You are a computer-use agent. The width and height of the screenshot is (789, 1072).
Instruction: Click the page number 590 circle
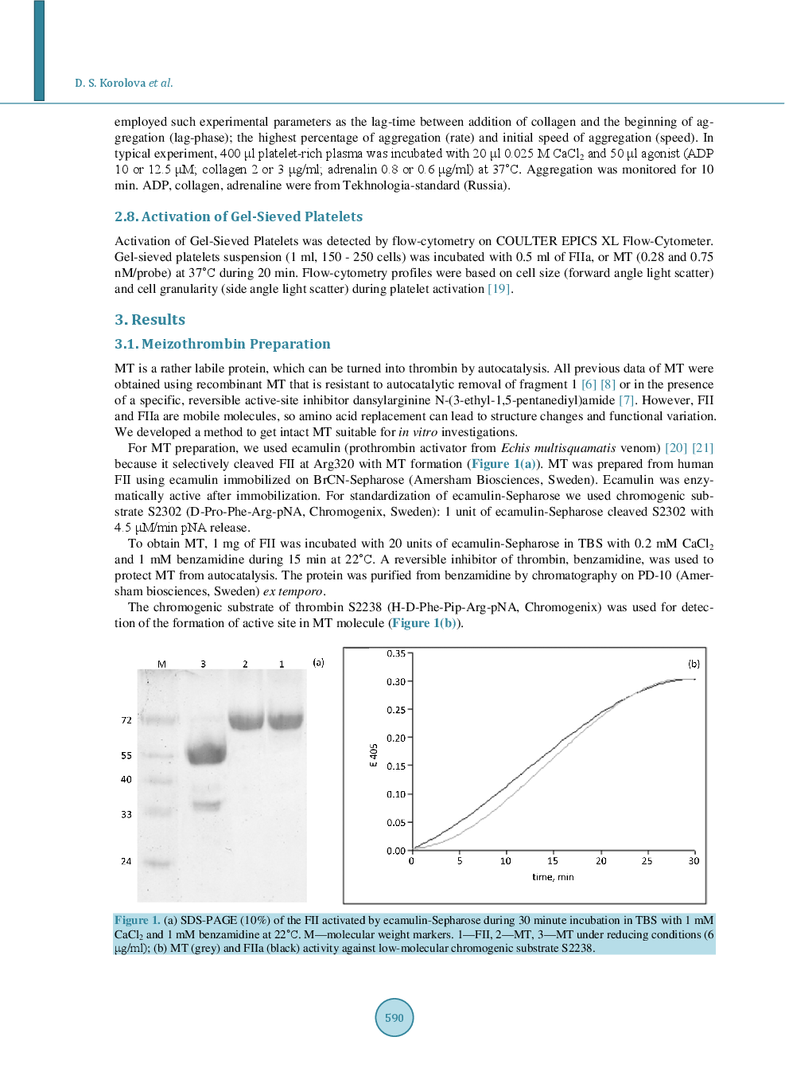(394, 1017)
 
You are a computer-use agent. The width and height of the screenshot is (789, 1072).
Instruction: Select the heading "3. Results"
(150, 320)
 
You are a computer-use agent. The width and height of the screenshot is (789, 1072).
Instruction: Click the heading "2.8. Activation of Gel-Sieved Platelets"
(239, 216)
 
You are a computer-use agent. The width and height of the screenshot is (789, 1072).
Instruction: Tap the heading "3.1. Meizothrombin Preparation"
(222, 344)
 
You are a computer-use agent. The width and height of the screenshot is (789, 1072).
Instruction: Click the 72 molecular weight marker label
(126, 720)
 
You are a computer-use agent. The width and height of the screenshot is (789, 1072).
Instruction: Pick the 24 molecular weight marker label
(126, 861)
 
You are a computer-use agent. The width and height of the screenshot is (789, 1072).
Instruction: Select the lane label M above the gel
(161, 664)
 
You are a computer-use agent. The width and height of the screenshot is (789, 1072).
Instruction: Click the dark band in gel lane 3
(207, 753)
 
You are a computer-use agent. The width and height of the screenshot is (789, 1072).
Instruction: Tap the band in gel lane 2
(247, 720)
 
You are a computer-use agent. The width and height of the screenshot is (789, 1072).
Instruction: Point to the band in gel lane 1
(285, 720)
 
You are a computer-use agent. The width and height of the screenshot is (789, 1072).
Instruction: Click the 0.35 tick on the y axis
(396, 653)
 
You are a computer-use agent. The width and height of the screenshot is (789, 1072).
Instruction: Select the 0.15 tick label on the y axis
(396, 766)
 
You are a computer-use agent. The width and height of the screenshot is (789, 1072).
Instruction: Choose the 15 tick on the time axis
(553, 861)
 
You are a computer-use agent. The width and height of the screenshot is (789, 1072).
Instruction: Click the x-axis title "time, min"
(553, 877)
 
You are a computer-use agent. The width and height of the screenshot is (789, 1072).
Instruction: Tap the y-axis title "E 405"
(373, 755)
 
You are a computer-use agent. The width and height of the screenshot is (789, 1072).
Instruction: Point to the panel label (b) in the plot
(694, 664)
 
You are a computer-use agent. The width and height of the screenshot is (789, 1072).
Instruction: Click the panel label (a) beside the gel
(318, 662)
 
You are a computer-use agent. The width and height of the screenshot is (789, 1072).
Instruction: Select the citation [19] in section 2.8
(499, 289)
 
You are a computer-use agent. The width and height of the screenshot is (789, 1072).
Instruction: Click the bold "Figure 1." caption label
(137, 920)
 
